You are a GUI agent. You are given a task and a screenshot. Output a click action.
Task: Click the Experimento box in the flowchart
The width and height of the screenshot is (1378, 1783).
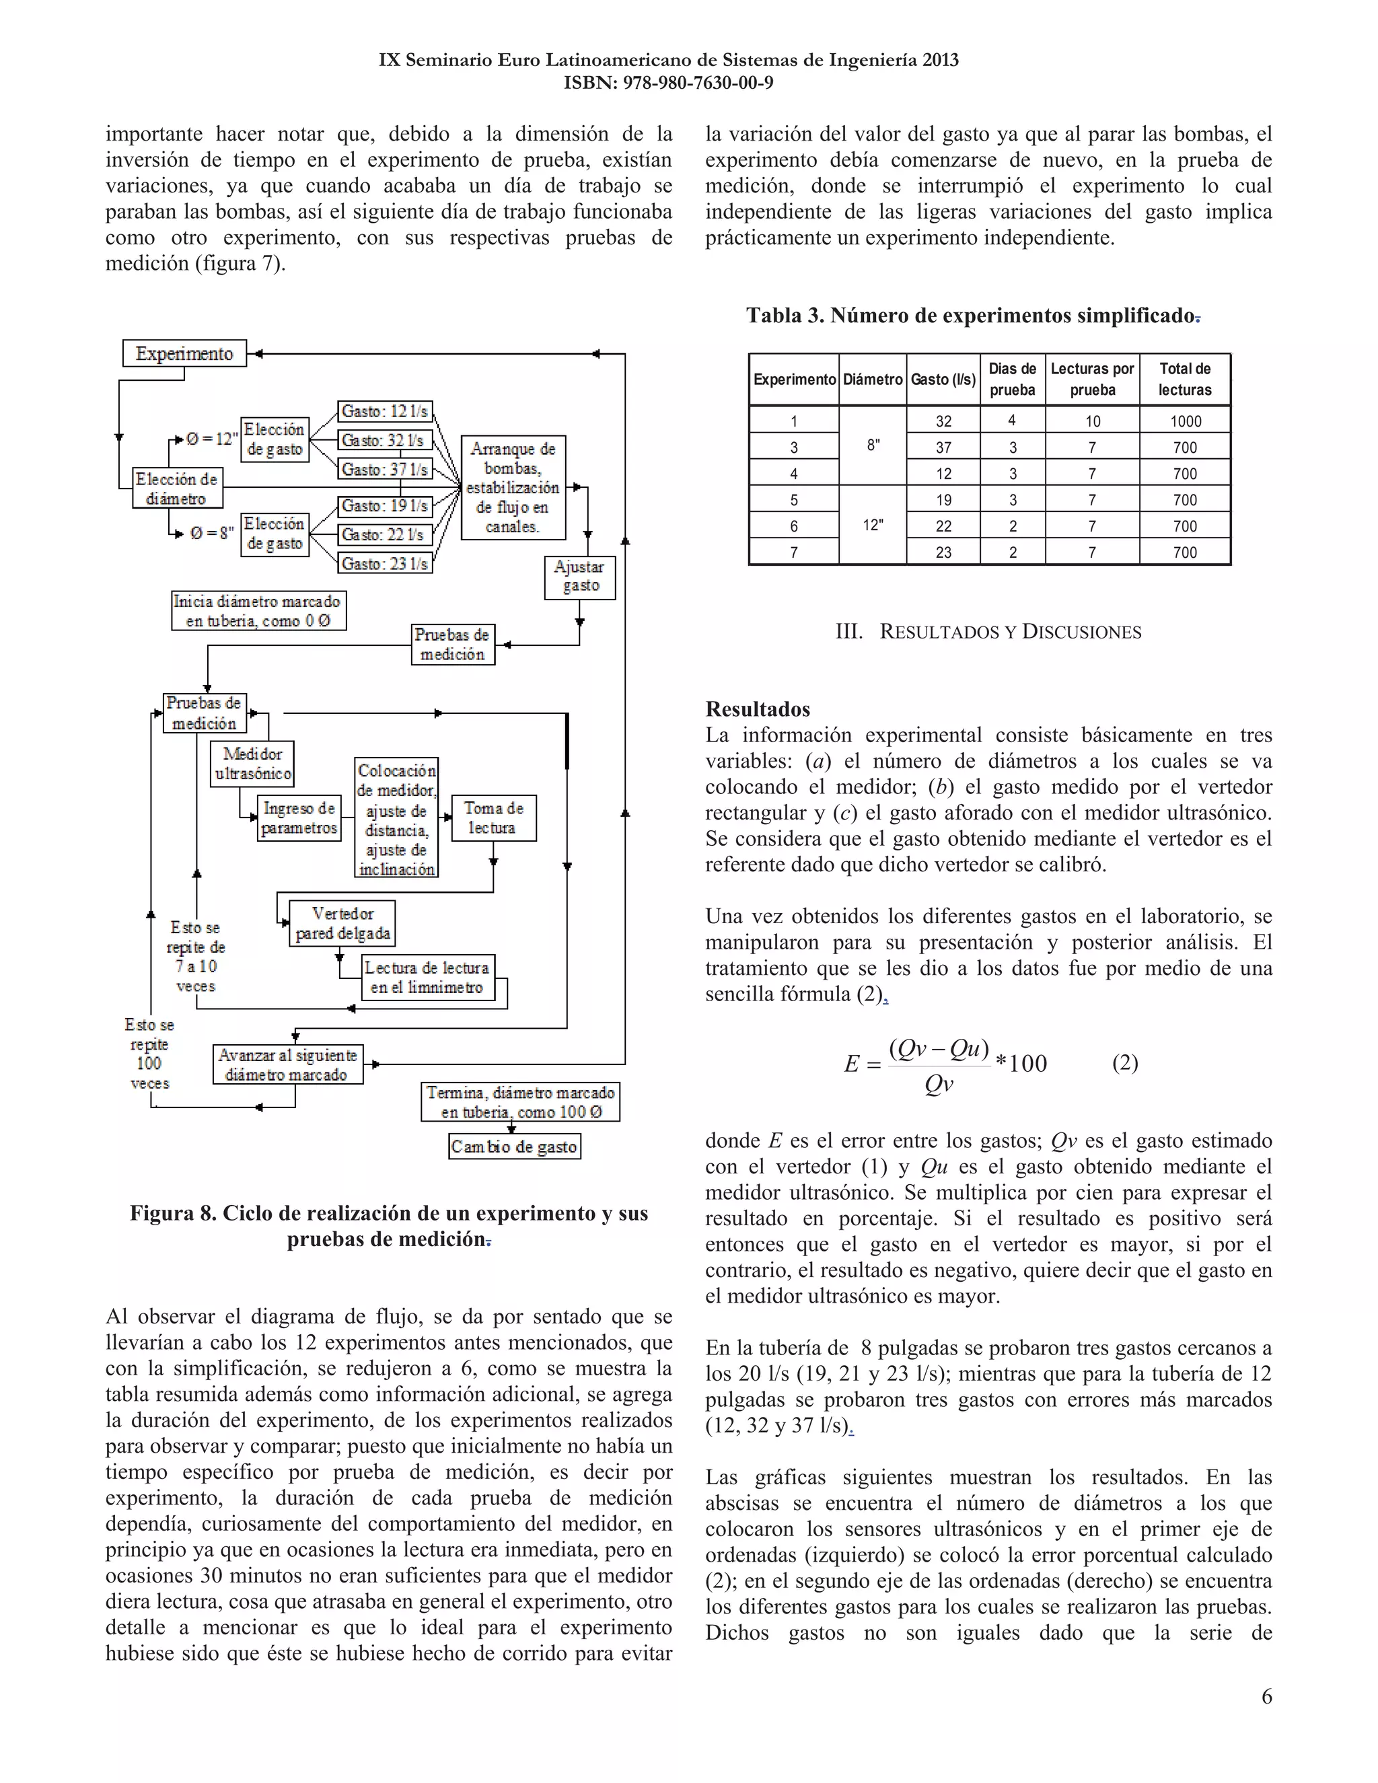pos(184,353)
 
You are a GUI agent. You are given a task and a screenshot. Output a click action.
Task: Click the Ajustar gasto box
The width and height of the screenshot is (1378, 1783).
pos(579,577)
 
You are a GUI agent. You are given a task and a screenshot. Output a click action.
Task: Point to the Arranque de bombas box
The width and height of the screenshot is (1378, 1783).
pos(513,487)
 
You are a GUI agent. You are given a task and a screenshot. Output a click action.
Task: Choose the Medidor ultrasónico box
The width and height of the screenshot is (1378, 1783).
pos(252,764)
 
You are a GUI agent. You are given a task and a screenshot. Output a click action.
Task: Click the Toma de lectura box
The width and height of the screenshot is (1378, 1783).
pos(493,817)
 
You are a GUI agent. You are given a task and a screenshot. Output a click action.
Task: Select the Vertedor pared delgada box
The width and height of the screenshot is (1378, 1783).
pos(342,923)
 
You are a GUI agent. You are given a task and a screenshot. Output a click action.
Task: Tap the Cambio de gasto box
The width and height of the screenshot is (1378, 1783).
pos(514,1147)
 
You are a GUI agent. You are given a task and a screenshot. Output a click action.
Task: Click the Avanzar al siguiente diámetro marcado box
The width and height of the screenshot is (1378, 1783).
pos(287,1064)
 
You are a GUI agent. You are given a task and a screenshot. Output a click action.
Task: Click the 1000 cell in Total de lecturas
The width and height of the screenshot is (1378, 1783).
pos(1184,421)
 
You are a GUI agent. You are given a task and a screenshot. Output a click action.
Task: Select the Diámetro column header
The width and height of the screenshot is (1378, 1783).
pos(872,379)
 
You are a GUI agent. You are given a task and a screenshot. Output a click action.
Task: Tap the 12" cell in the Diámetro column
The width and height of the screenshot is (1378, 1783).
pos(872,525)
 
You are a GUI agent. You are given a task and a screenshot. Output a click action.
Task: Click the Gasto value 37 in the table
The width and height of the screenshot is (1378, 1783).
pos(943,447)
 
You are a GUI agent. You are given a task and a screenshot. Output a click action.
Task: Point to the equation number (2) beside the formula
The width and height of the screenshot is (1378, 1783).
pos(1124,1062)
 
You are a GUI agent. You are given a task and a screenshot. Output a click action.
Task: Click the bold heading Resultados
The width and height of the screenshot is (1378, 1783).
pos(757,708)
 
